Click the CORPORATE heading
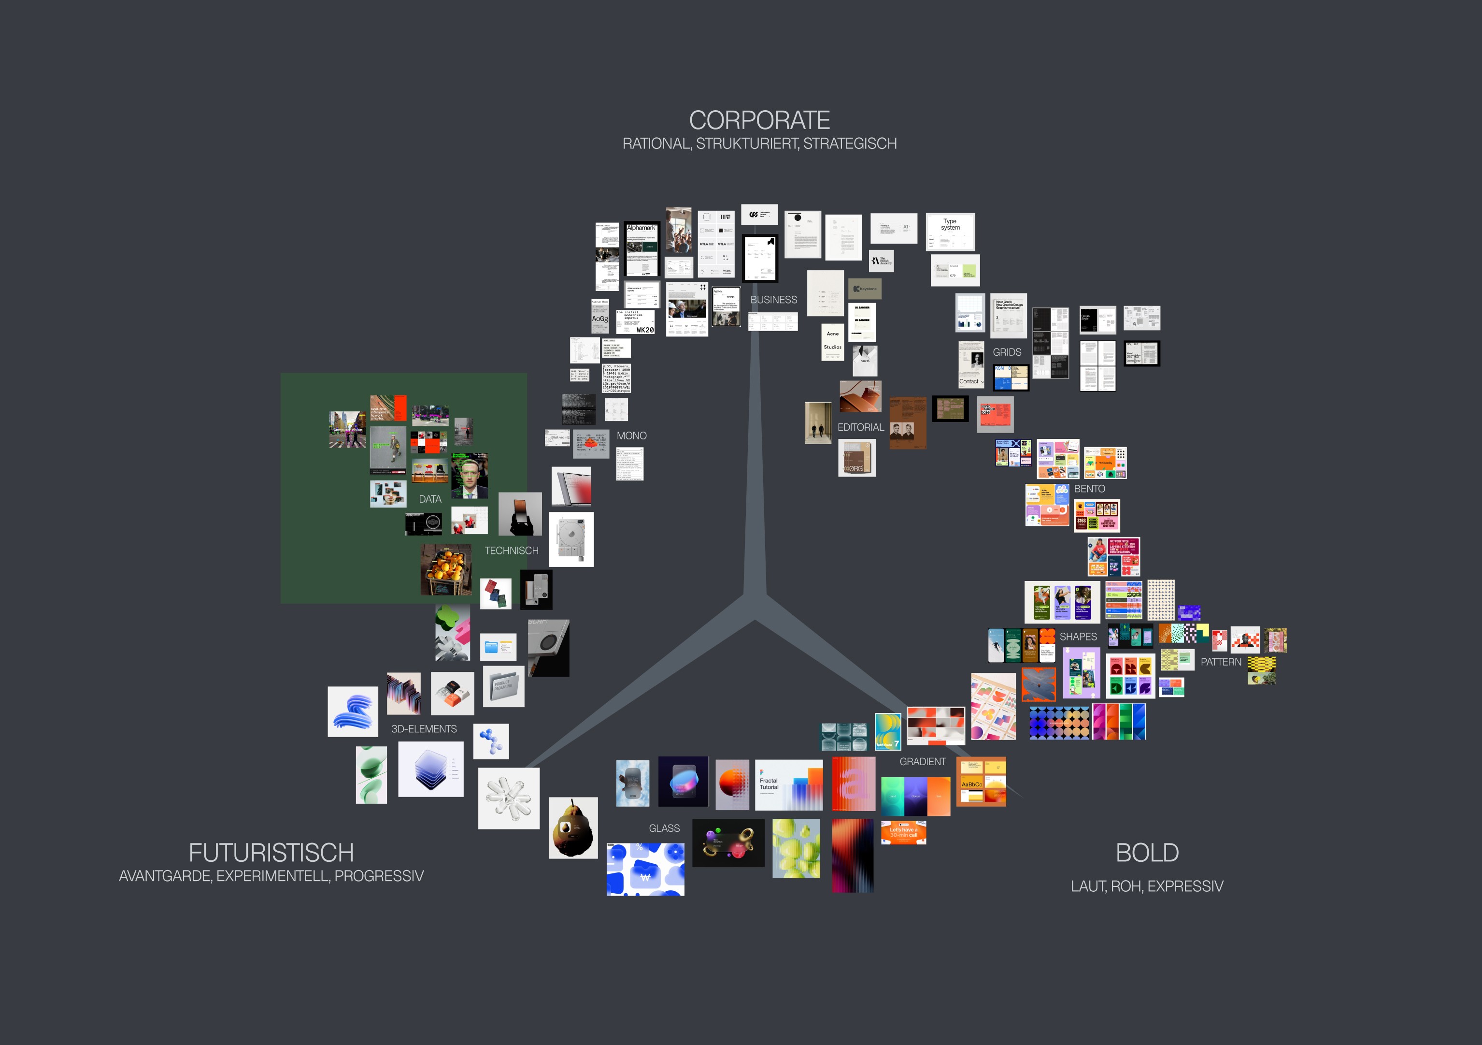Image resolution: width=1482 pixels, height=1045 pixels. (759, 121)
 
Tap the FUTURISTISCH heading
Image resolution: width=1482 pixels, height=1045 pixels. (271, 853)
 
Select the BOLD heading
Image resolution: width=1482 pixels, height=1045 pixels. (1147, 853)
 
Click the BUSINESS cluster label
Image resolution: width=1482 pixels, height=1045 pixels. (773, 300)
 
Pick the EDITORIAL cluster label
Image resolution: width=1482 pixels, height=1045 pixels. (860, 428)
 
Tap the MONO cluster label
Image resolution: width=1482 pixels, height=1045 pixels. (631, 436)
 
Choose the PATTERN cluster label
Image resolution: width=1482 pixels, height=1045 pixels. (1221, 662)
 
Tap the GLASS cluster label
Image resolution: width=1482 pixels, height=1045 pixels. (664, 828)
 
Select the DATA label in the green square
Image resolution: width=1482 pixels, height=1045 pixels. (430, 499)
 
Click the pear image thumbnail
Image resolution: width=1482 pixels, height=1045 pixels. (572, 828)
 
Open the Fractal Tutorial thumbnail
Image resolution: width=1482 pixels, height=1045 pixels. (789, 785)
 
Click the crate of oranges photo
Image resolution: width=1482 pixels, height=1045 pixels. (446, 569)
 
